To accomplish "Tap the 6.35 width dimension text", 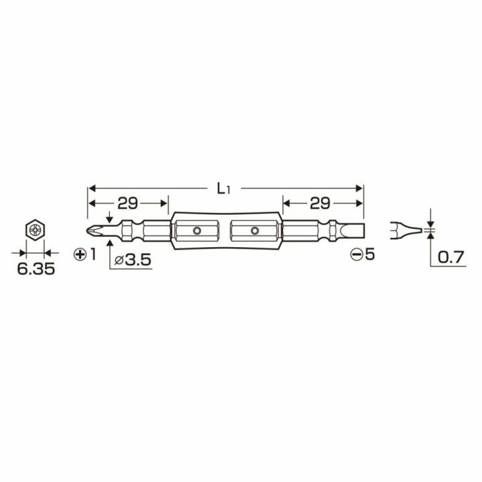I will [x=31, y=270].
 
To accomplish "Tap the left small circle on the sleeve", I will [x=197, y=231].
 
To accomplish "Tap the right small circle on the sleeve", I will [x=254, y=231].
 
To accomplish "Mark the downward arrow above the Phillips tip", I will [x=108, y=218].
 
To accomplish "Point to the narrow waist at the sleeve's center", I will [x=226, y=231].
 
